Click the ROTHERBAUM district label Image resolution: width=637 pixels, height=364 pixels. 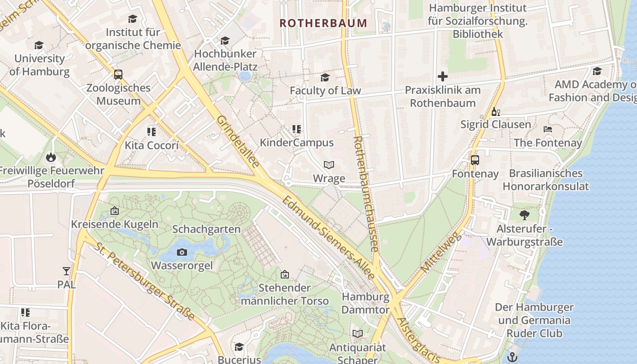[x=323, y=23]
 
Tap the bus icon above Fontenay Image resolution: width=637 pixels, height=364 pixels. [x=475, y=160]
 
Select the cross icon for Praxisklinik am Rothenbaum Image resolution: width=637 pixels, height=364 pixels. [x=442, y=76]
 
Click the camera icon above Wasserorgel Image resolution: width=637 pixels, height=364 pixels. [x=182, y=252]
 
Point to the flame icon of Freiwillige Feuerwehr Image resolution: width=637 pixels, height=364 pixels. [x=50, y=157]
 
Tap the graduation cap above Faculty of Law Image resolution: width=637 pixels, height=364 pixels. [x=325, y=77]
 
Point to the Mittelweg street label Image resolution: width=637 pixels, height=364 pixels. [x=441, y=253]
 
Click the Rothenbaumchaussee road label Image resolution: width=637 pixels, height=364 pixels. [x=366, y=193]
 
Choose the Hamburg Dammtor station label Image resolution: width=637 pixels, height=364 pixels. [x=365, y=303]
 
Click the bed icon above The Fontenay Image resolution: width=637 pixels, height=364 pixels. [x=548, y=129]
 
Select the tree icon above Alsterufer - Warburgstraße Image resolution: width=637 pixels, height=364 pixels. [x=524, y=215]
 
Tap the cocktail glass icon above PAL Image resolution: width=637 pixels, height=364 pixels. [x=66, y=271]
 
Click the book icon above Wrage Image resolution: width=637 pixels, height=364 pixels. [x=329, y=165]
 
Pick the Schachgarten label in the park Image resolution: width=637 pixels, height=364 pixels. [x=206, y=229]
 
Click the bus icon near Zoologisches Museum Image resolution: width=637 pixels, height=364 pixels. [x=118, y=74]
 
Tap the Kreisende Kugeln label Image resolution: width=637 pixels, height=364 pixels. [x=115, y=224]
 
